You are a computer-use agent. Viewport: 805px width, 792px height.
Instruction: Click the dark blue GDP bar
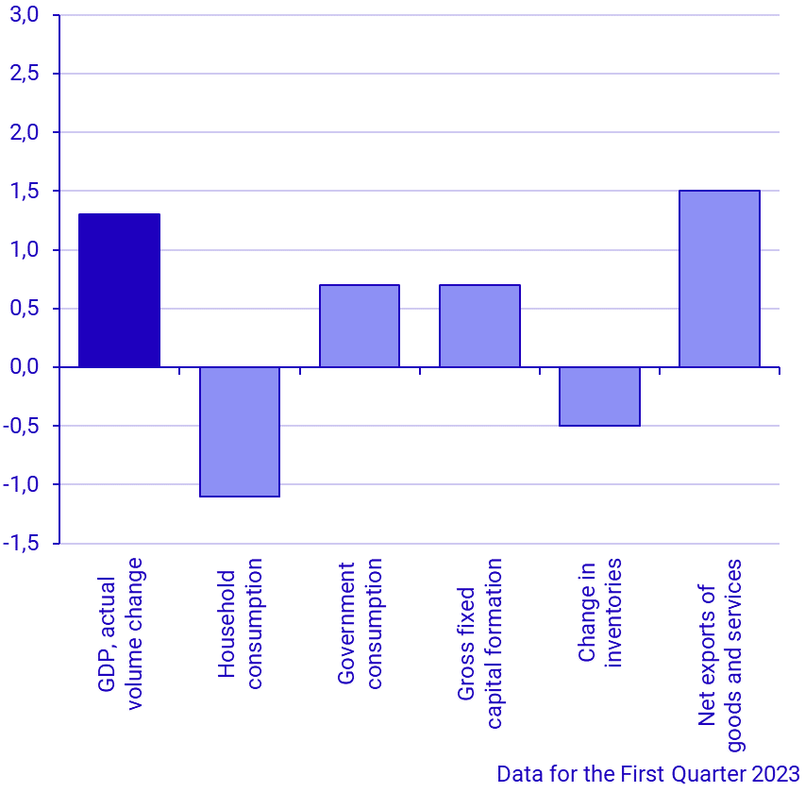click(119, 291)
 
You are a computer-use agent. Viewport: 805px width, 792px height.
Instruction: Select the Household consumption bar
click(240, 431)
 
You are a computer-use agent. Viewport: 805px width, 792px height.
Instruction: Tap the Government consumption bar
click(360, 326)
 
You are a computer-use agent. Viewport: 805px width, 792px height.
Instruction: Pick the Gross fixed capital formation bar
click(479, 326)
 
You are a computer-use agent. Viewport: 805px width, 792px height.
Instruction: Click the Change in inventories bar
click(599, 396)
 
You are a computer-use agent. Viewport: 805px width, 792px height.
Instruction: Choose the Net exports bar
click(719, 278)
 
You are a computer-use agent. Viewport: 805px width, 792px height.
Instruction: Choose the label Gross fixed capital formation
click(479, 644)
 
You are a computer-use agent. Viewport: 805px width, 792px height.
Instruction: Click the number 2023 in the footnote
click(776, 774)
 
